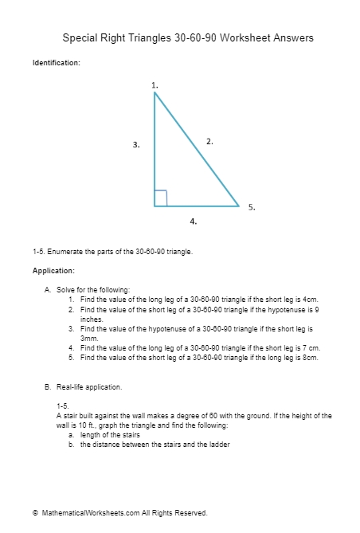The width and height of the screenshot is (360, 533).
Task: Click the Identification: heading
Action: pyautogui.click(x=56, y=63)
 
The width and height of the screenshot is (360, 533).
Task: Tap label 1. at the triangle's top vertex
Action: pyautogui.click(x=155, y=84)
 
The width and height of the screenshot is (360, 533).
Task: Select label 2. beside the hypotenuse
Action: pyautogui.click(x=209, y=141)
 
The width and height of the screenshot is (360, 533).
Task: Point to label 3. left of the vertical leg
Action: pyautogui.click(x=136, y=145)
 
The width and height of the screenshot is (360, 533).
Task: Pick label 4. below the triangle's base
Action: pyautogui.click(x=194, y=221)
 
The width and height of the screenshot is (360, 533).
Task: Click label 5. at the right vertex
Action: pyautogui.click(x=252, y=207)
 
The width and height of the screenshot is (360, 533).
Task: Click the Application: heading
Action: pyautogui.click(x=53, y=271)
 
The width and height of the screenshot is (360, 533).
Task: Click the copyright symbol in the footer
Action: pyautogui.click(x=35, y=513)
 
